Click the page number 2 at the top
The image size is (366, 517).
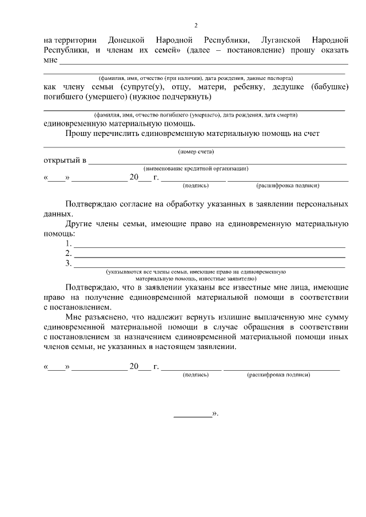196,25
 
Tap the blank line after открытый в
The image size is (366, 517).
217,162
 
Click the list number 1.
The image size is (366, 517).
68,244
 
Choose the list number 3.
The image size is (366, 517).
68,263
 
